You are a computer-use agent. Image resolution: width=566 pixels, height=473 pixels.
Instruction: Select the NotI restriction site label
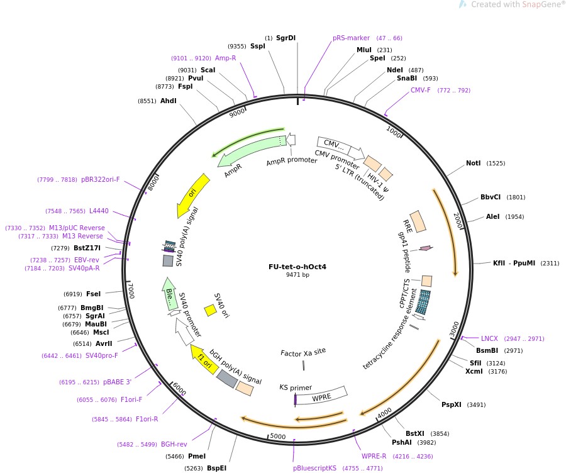point(473,164)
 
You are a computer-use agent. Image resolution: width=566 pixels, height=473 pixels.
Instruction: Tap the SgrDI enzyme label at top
point(286,38)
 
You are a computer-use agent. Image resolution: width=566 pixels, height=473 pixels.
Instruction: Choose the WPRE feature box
point(322,396)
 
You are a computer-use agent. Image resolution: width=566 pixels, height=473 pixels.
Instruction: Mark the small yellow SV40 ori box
point(211,310)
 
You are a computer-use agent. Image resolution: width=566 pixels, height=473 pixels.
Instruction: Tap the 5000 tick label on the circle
point(277,436)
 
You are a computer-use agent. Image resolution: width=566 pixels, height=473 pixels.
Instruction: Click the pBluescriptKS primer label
point(315,468)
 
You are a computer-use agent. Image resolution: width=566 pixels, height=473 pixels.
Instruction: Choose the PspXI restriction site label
point(451,404)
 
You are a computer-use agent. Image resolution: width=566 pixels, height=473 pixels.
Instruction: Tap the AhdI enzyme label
point(168,101)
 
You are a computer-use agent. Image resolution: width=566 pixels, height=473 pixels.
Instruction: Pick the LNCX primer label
point(489,338)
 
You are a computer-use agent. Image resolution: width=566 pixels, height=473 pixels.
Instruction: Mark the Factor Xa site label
point(303,352)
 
